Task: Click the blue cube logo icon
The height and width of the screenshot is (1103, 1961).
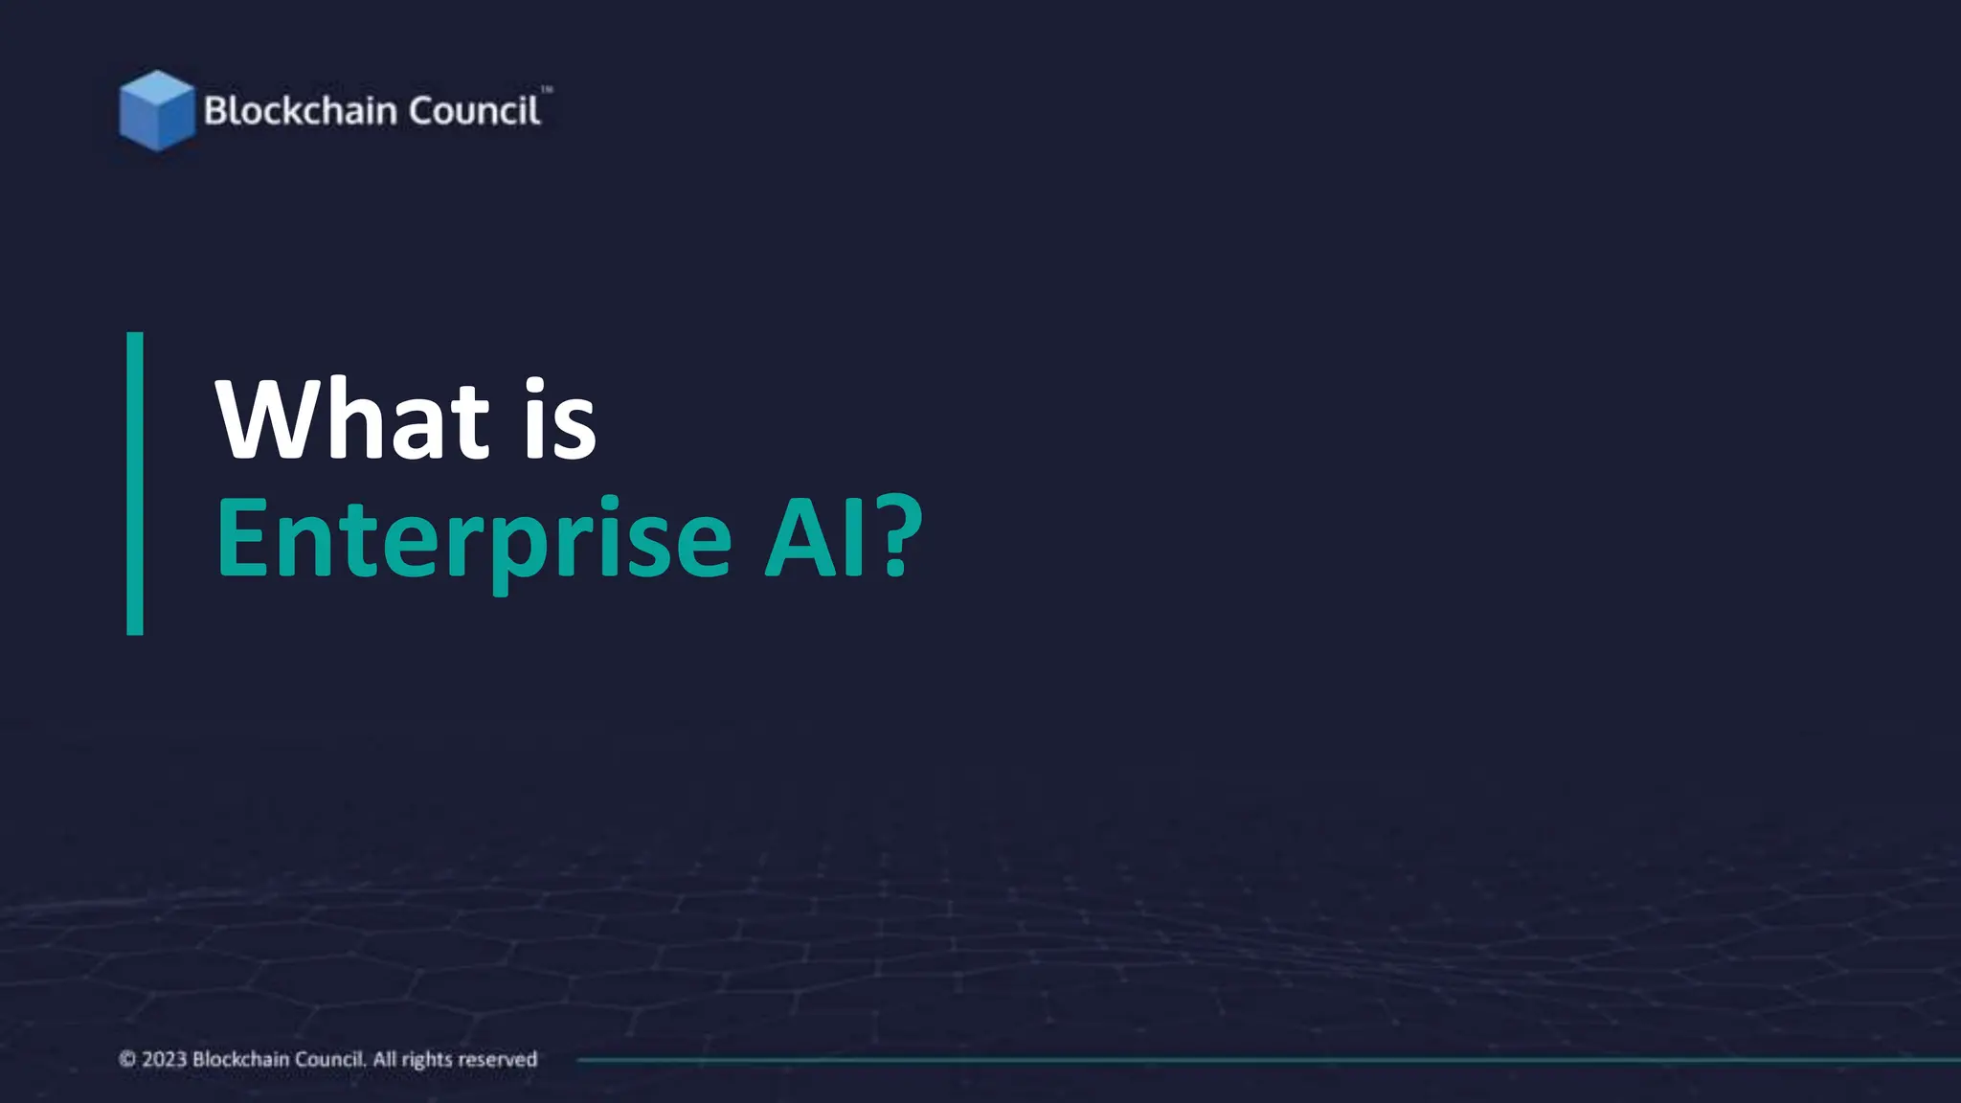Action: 156,111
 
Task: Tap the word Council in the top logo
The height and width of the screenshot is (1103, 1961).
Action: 474,111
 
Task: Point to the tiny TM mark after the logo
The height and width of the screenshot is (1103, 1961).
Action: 547,90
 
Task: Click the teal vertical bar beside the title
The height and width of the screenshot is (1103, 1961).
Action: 135,484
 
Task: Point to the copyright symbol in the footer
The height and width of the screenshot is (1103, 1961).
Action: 127,1059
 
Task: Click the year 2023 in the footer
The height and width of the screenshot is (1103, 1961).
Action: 164,1059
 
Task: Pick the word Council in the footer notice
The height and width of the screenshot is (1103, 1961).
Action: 317,1059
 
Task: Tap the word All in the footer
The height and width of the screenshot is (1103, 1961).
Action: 384,1059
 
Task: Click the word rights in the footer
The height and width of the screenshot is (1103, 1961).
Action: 427,1060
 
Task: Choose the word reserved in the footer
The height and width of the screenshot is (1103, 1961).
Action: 498,1060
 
